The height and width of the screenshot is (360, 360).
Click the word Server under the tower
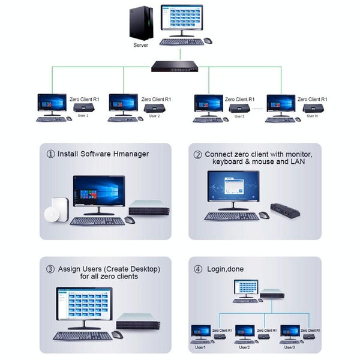pyautogui.click(x=140, y=44)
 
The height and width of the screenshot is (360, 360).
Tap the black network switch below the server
pyautogui.click(x=175, y=67)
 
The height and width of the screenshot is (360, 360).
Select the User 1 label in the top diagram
pyautogui.click(x=83, y=116)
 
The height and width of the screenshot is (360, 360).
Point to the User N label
pyautogui.click(x=312, y=116)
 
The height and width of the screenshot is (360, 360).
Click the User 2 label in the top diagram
pyautogui.click(x=154, y=116)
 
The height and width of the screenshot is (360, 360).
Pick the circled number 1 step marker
pyautogui.click(x=51, y=154)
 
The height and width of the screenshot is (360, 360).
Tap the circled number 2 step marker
pyautogui.click(x=197, y=154)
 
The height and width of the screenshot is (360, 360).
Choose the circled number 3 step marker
pyautogui.click(x=51, y=269)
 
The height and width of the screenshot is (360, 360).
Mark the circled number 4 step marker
pyautogui.click(x=197, y=269)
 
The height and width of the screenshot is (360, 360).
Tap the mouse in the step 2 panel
pyautogui.click(x=263, y=215)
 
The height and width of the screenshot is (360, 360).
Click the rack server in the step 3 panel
pyautogui.click(x=140, y=322)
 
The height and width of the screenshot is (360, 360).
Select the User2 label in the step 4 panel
pyautogui.click(x=244, y=347)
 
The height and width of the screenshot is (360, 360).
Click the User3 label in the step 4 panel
pyautogui.click(x=289, y=347)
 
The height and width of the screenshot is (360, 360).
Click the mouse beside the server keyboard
pyautogui.click(x=208, y=41)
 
